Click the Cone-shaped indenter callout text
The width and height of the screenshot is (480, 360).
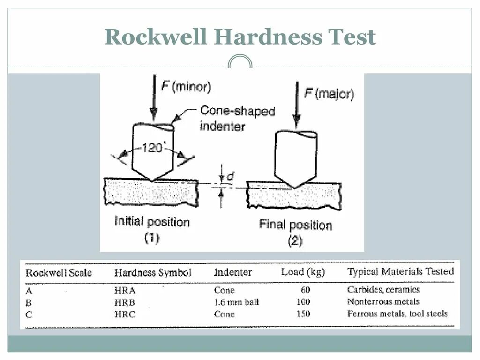[237, 119]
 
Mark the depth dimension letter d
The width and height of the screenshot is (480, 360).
[230, 177]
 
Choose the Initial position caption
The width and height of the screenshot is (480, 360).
[152, 222]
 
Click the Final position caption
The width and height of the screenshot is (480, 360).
[296, 225]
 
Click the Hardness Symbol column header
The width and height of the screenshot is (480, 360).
[153, 272]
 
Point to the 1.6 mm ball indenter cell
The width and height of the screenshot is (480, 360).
[236, 302]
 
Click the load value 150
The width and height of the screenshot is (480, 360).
[303, 314]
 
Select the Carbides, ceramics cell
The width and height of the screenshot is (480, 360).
[383, 290]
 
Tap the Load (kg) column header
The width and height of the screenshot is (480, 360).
[303, 271]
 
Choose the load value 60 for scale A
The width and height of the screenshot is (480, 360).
[305, 290]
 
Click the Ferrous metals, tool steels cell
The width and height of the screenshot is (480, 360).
[397, 314]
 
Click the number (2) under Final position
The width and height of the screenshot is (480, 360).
[295, 241]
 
